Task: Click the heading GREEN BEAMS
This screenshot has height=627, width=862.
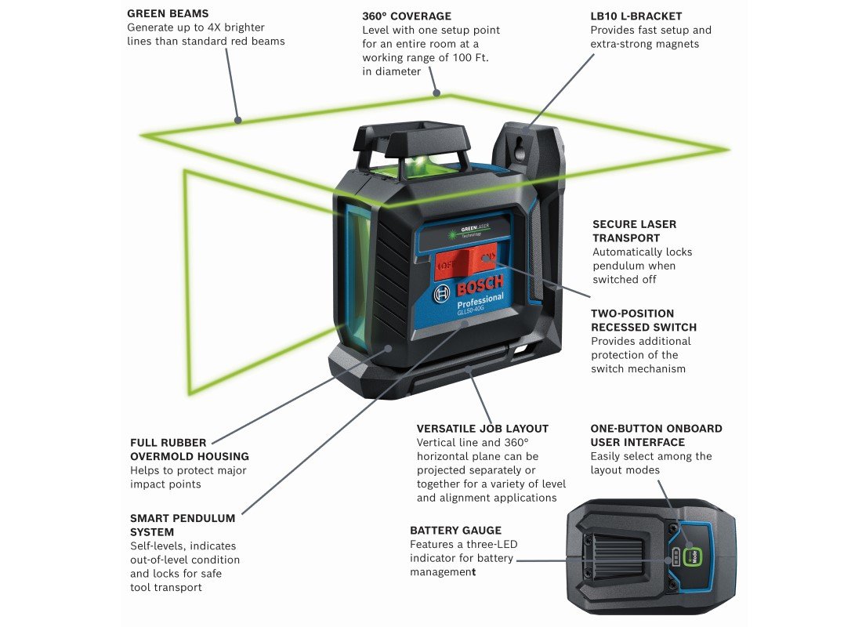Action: click(x=168, y=13)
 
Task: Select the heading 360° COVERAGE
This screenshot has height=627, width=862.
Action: click(x=406, y=16)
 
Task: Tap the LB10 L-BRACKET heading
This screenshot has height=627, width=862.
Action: click(x=636, y=16)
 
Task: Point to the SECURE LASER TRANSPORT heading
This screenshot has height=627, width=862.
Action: click(x=634, y=230)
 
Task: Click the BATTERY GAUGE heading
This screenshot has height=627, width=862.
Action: click(x=455, y=531)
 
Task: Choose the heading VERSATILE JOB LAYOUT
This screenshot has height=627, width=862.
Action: click(x=482, y=429)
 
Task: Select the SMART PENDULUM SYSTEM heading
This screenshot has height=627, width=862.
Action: click(x=183, y=525)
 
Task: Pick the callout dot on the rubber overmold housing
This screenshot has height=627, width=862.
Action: click(x=389, y=350)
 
